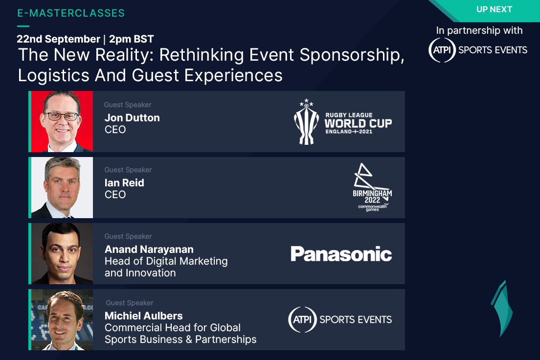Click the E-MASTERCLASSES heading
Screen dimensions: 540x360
(x=71, y=13)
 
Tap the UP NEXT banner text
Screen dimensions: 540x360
(x=494, y=9)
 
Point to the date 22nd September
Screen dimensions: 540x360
(x=58, y=39)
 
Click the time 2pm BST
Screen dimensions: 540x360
(x=131, y=39)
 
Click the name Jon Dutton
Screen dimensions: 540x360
(x=132, y=118)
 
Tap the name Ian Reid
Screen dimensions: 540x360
(x=124, y=183)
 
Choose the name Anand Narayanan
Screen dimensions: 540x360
(x=149, y=249)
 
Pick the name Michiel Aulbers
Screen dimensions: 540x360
(x=144, y=315)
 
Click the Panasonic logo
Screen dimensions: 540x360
(x=341, y=254)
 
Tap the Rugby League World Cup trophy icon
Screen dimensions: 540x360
(x=306, y=122)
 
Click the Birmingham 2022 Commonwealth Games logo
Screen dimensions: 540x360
(x=372, y=187)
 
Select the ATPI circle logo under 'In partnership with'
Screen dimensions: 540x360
(x=442, y=50)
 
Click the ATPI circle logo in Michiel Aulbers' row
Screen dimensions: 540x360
(x=302, y=320)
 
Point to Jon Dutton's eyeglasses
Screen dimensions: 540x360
(x=62, y=116)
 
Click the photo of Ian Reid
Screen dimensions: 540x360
(x=62, y=187)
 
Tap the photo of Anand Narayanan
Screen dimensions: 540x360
(x=62, y=253)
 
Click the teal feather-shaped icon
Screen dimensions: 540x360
(x=502, y=309)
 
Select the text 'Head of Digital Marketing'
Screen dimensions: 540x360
(x=166, y=261)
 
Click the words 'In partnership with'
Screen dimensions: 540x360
(x=479, y=31)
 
